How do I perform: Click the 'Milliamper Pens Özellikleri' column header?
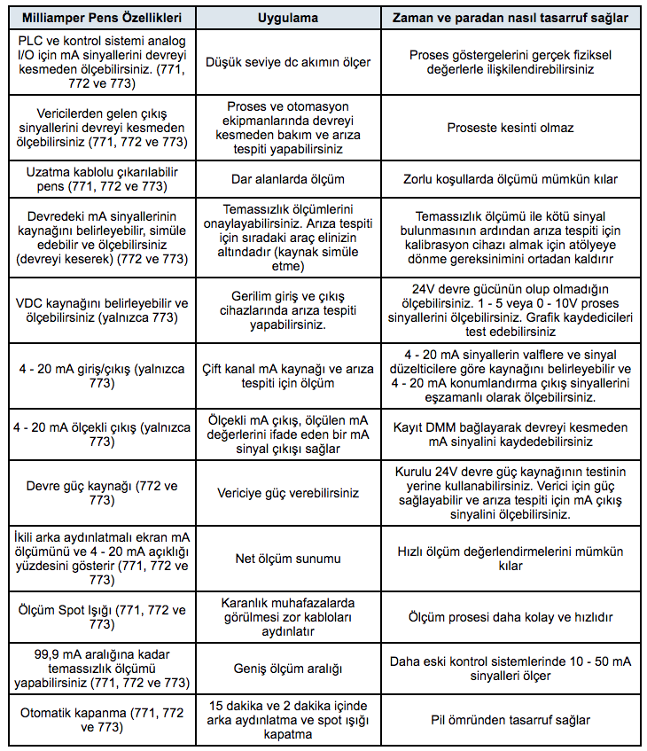point(101,18)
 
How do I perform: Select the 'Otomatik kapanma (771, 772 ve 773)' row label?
point(101,720)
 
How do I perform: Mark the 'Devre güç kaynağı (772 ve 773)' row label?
point(101,493)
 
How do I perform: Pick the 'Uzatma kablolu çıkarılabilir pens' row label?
point(101,179)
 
